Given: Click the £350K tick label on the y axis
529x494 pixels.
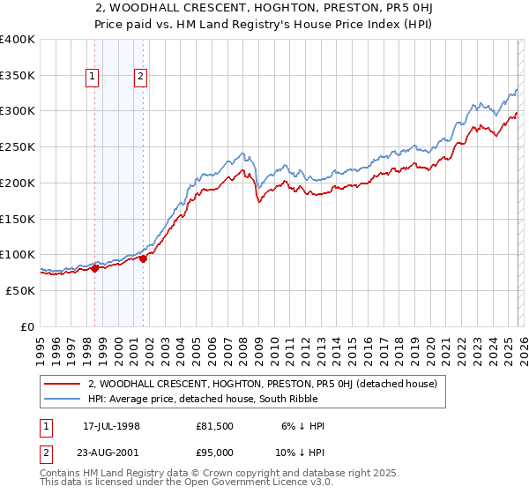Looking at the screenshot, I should (x=18, y=76).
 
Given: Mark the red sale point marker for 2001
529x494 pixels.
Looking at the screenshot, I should (x=144, y=258).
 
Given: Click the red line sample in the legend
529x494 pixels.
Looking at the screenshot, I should (x=62, y=384).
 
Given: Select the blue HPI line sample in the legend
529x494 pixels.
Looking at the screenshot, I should (x=62, y=400).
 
